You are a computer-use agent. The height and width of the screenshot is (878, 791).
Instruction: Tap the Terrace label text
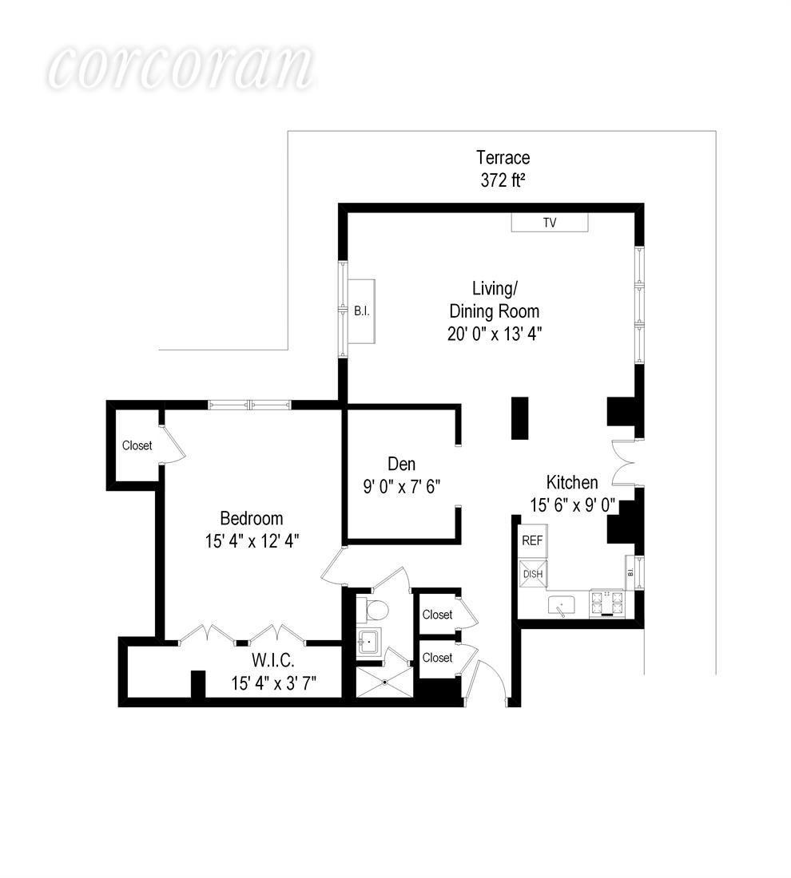coord(503,157)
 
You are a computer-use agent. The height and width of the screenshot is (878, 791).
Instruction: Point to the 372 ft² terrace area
coord(503,180)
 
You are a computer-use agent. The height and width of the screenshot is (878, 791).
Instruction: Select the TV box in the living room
coord(550,223)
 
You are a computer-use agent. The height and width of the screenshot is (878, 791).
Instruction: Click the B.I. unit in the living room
coord(361,311)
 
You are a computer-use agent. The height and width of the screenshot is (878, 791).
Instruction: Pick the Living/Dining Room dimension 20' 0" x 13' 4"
coord(494,333)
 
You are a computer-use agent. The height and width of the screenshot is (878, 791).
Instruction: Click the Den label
coord(402,464)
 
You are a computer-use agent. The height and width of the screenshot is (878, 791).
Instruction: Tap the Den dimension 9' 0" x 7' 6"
coord(402,486)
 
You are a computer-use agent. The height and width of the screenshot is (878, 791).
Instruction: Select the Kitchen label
coord(571,482)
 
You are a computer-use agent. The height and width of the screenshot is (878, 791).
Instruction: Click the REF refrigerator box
coord(532,540)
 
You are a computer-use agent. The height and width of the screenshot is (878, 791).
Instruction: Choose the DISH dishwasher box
coord(532,572)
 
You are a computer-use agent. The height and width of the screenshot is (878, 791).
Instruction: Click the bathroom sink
coord(368,641)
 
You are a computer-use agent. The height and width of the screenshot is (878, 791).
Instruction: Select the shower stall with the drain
coord(385,682)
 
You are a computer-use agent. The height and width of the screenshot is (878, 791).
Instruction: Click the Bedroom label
coord(252,518)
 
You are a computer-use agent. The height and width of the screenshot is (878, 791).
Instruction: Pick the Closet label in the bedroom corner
coord(137,445)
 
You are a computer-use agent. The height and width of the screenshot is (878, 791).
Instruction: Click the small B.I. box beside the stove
coord(630,571)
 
